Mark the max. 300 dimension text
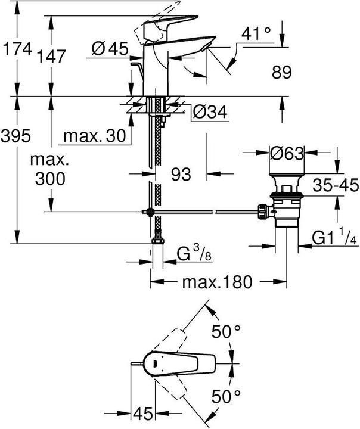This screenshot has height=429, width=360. pos(51,169)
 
